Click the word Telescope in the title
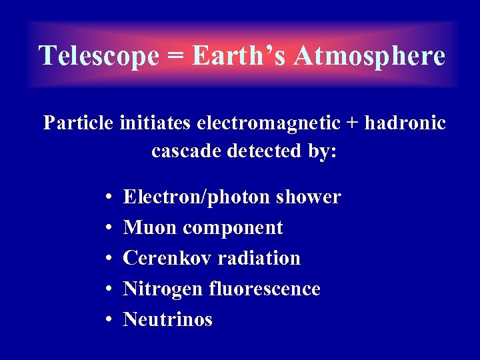99,56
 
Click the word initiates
152,123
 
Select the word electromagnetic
266,124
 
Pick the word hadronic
408,123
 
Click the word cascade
186,151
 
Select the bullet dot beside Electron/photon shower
107,198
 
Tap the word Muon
150,228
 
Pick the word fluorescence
265,289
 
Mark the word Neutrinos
168,319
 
